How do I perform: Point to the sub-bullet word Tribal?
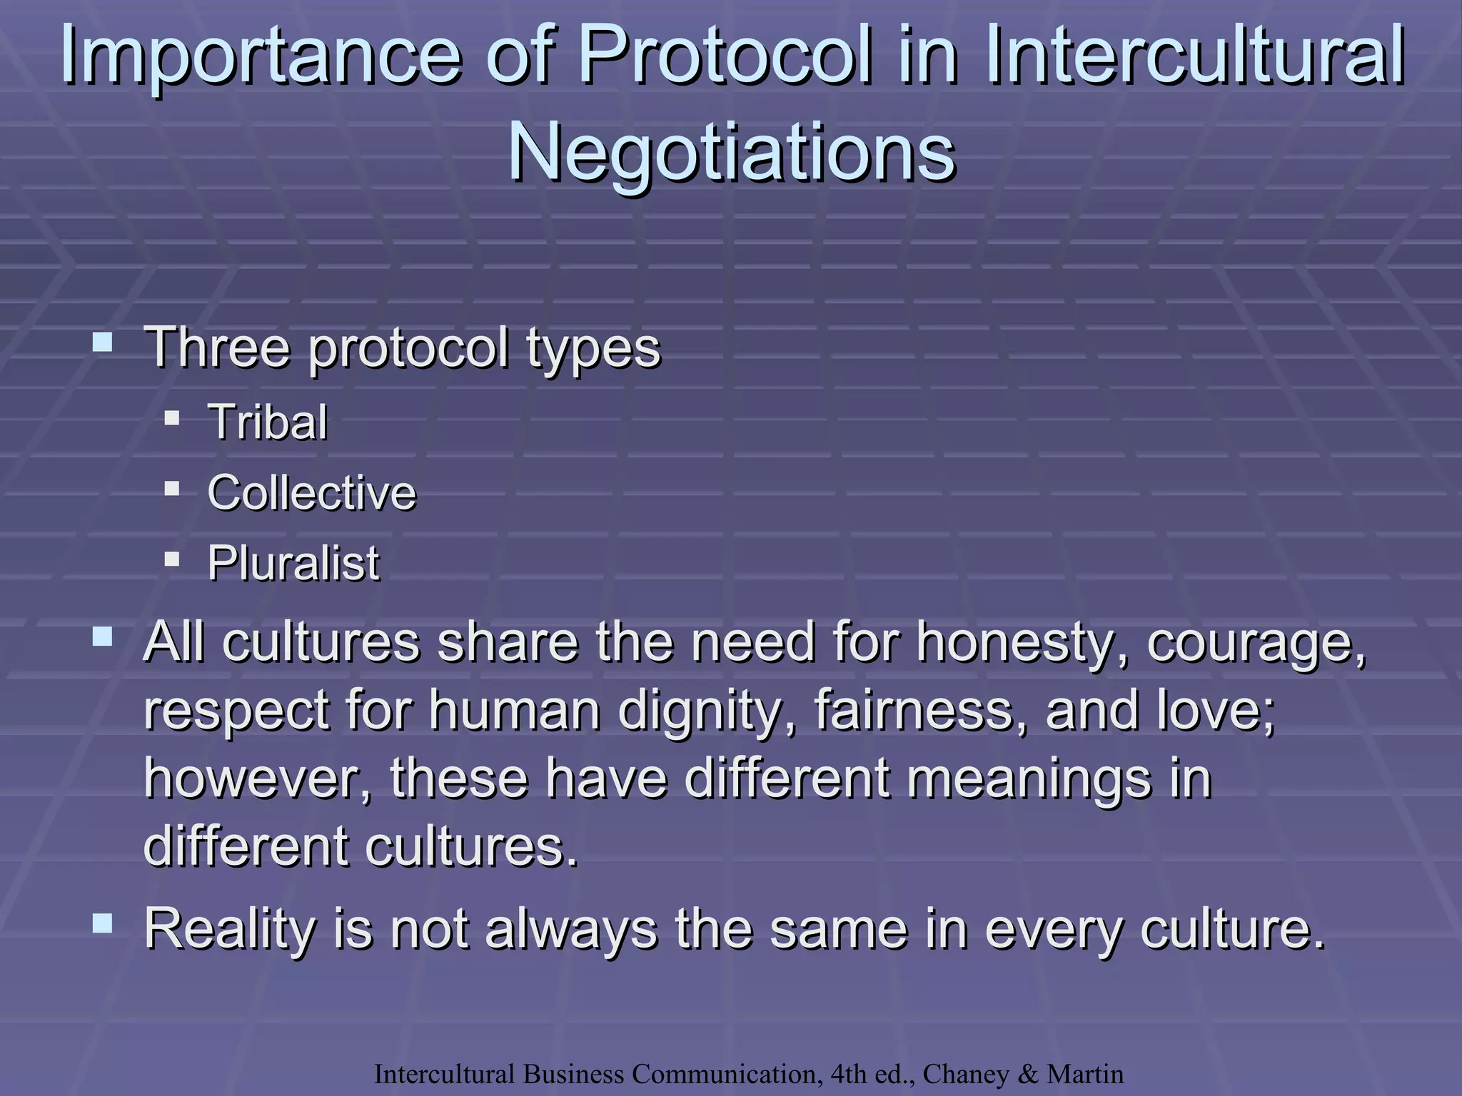268,422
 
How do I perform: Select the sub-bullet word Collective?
311,492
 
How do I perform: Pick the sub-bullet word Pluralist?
293,564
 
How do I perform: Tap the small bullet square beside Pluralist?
172,559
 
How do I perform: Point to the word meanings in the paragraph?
1029,779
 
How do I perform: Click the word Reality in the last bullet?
229,930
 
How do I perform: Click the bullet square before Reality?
103,924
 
